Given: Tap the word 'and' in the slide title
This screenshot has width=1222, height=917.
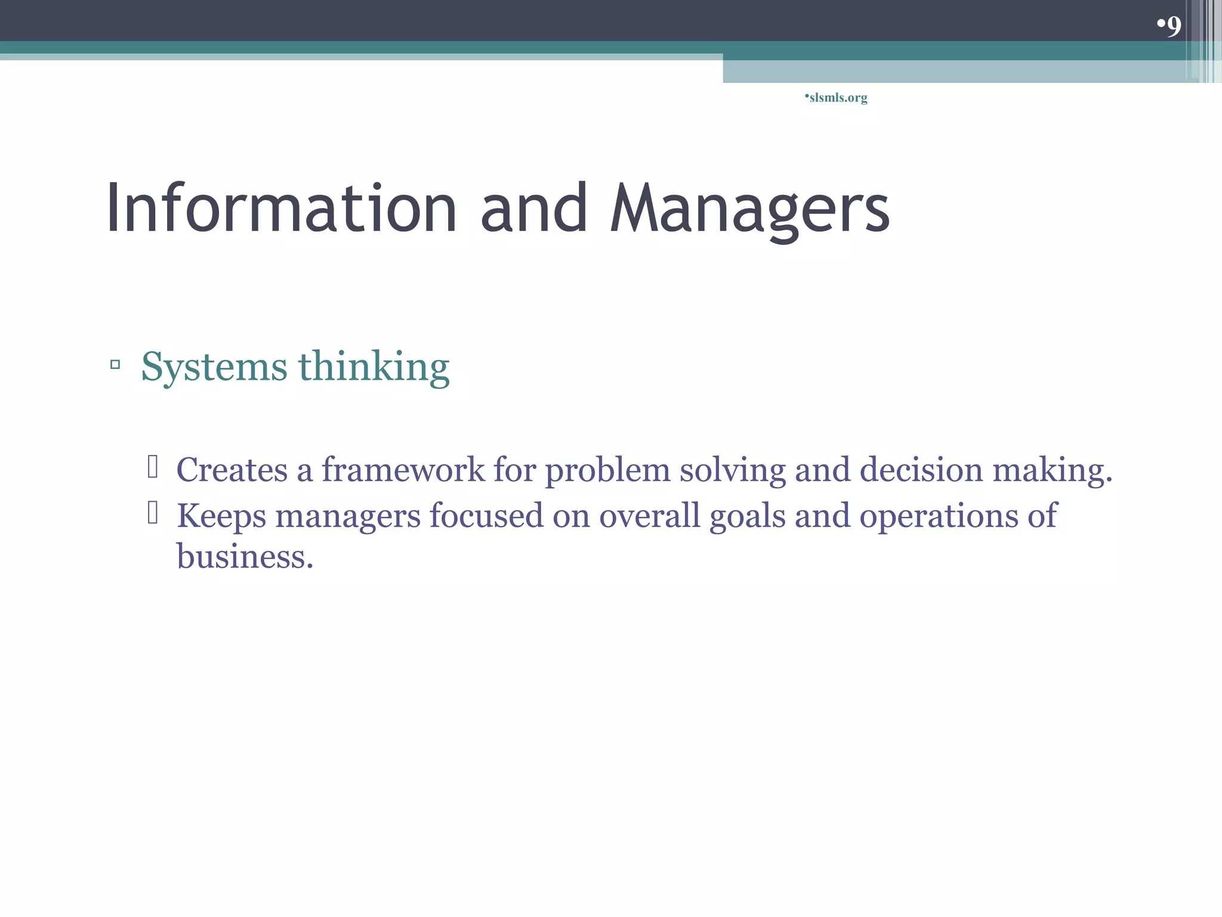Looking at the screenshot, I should pyautogui.click(x=533, y=209).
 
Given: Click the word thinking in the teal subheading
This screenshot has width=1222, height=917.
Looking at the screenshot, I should pyautogui.click(x=374, y=367).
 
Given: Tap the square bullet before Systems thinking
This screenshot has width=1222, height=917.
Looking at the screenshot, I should pyautogui.click(x=115, y=364).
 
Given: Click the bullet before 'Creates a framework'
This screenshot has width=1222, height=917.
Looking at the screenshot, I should pyautogui.click(x=153, y=467).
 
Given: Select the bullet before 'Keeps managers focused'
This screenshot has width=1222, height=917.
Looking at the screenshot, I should pyautogui.click(x=153, y=513).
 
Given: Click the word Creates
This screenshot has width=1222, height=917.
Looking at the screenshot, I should pyautogui.click(x=232, y=470).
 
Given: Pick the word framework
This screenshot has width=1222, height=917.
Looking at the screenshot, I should pyautogui.click(x=403, y=470).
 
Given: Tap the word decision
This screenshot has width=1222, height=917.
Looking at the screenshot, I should pyautogui.click(x=921, y=470).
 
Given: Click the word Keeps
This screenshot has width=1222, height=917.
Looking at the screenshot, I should pyautogui.click(x=221, y=516).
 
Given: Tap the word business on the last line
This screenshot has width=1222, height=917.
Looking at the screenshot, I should pyautogui.click(x=245, y=556).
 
